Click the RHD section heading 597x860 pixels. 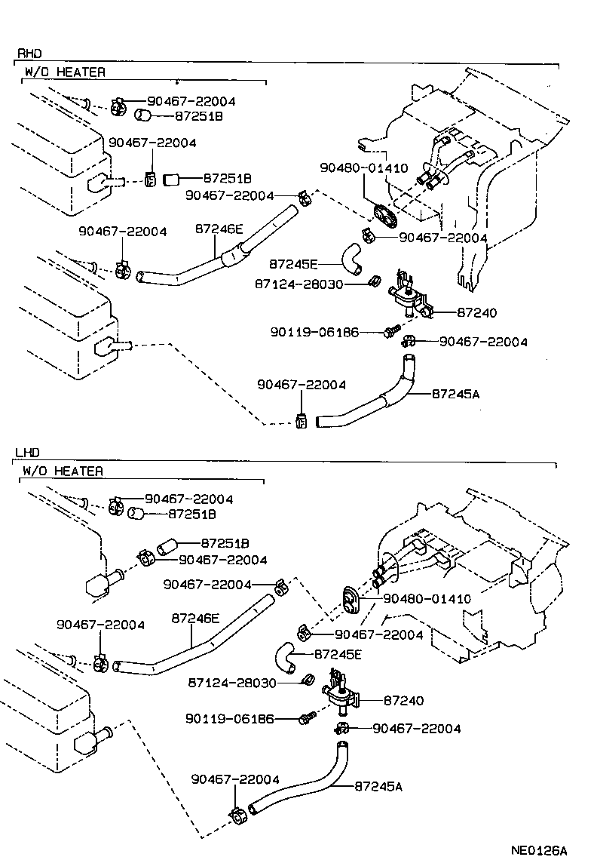pos(29,54)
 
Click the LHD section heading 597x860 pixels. pos(27,453)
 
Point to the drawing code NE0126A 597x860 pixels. pos(538,849)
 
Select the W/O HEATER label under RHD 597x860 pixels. pos(65,72)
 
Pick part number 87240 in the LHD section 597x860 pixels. pos(403,700)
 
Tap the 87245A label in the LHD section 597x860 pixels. pos(378,786)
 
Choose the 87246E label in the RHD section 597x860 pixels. pos(219,227)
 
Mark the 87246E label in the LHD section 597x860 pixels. pos(195,618)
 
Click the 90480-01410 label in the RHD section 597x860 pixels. pos(363,168)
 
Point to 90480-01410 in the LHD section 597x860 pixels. pos(427,599)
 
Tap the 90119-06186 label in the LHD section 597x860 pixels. pos(230,719)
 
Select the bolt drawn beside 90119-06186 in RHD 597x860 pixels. pos(390,331)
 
